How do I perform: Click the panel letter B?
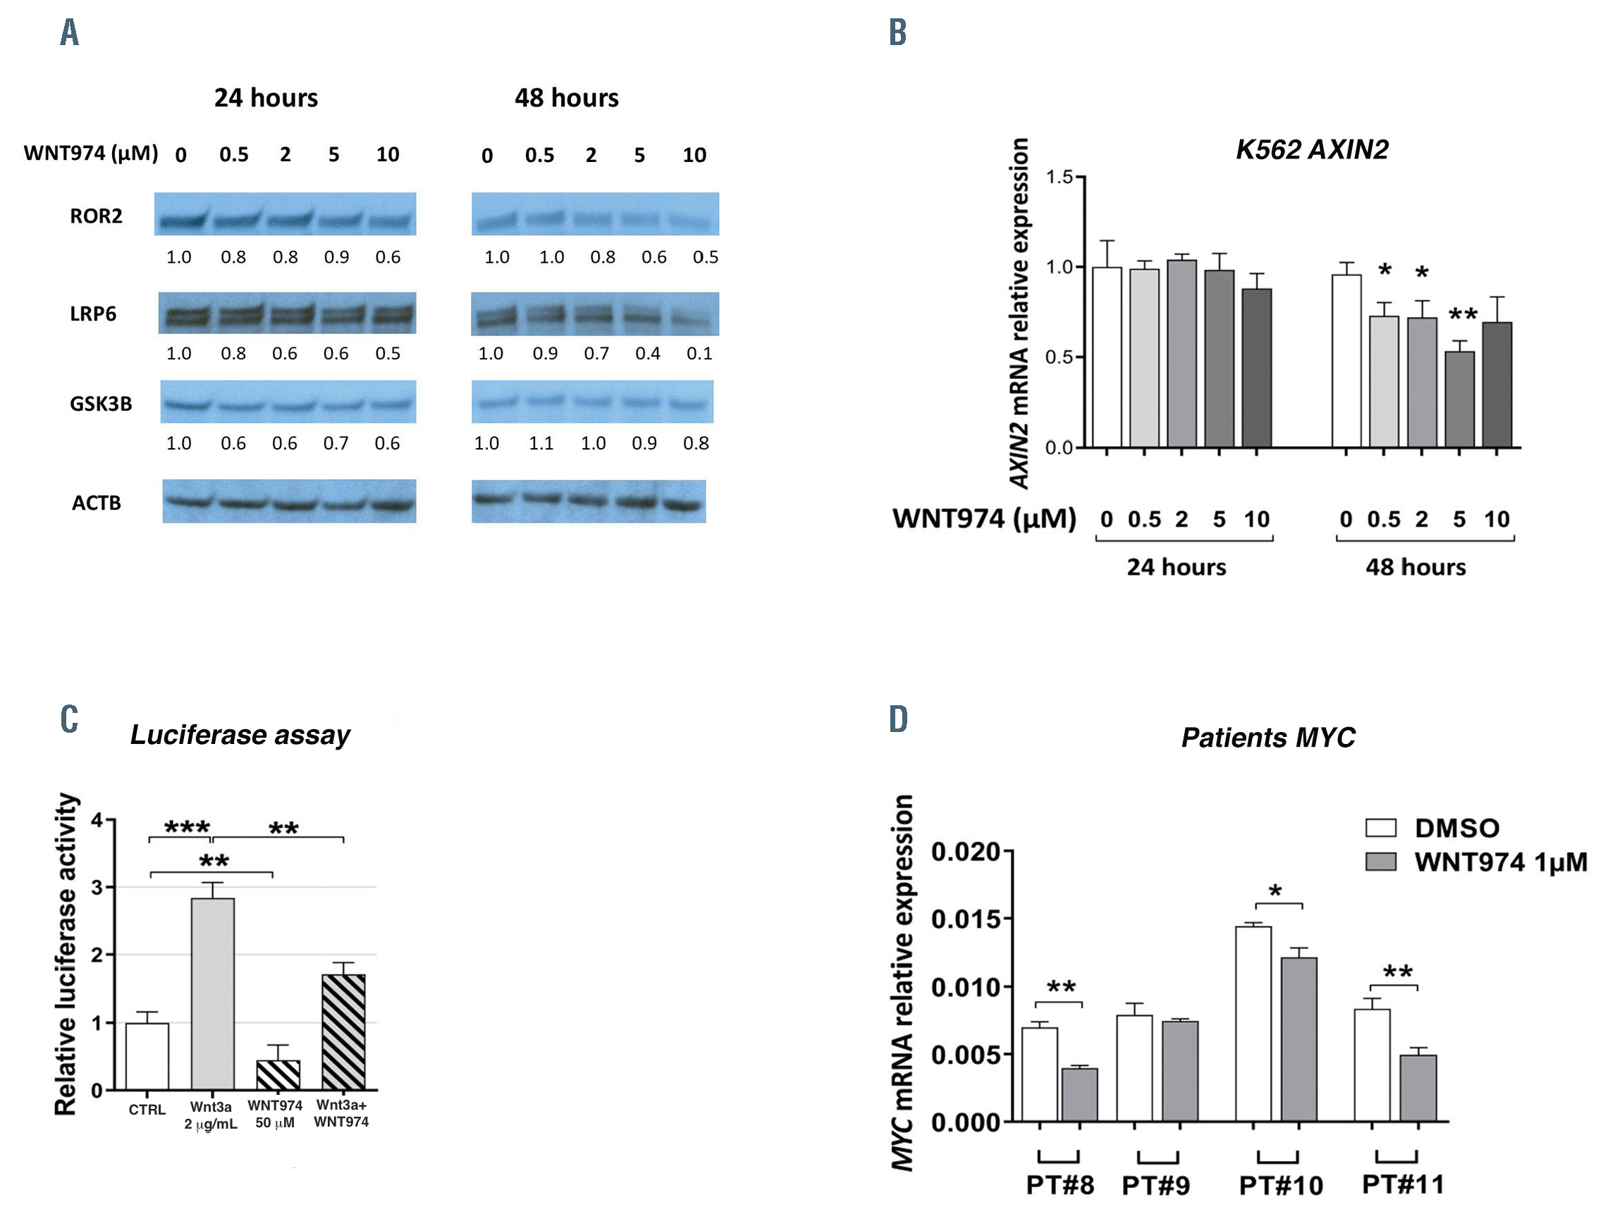(x=898, y=32)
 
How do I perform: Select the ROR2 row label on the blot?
(x=96, y=216)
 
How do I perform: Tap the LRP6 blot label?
(x=93, y=314)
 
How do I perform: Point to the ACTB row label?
(x=96, y=503)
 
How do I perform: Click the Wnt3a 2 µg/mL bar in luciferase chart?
(x=212, y=994)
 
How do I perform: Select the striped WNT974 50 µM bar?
(x=278, y=1075)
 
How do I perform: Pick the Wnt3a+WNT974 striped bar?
(x=343, y=1031)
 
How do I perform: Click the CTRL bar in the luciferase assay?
(x=147, y=1056)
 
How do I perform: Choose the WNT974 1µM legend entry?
(x=1475, y=862)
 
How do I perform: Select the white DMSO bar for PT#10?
(x=1253, y=1024)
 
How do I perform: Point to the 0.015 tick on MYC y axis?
(x=965, y=919)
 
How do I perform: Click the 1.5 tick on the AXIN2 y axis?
(x=1059, y=177)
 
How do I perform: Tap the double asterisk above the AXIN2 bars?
(x=1463, y=315)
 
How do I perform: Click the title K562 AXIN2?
(x=1312, y=149)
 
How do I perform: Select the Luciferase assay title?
(x=240, y=735)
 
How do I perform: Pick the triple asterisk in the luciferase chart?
(x=187, y=827)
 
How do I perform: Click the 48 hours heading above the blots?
(x=566, y=98)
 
